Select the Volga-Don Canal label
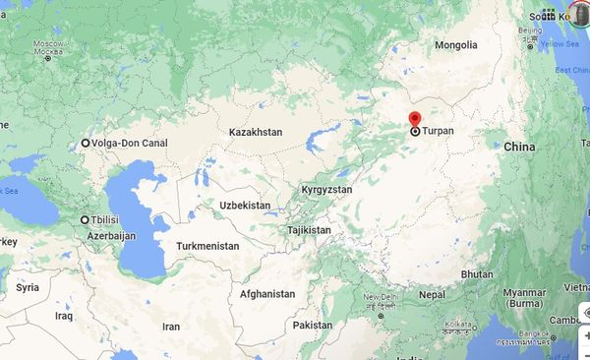point(130,144)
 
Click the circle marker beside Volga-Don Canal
point(86,144)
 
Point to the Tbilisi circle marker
point(86,219)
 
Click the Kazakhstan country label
point(256,132)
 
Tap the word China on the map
point(518,147)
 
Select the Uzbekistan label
point(244,205)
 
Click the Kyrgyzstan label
point(326,189)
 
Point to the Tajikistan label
point(309,230)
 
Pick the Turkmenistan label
point(207,245)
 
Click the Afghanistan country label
point(266,294)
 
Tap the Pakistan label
point(313,326)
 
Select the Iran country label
point(171,327)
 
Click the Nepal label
point(432,294)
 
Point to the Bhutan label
point(477,273)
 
